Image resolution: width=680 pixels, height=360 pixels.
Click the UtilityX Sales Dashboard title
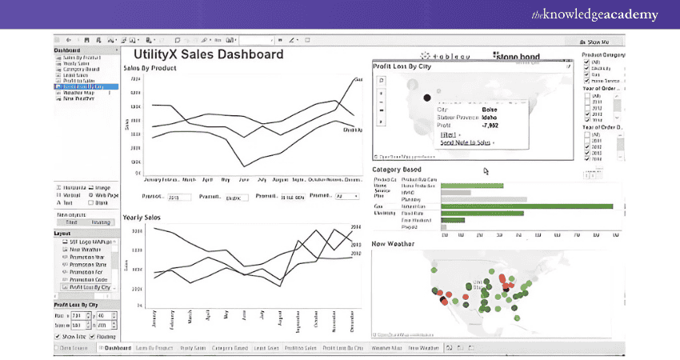pos(203,54)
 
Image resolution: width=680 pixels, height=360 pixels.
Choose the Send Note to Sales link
pos(465,142)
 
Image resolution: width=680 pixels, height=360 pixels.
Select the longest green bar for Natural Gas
pos(526,206)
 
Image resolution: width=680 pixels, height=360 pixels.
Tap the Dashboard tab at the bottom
pos(116,348)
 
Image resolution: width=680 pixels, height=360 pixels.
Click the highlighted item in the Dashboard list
pos(78,86)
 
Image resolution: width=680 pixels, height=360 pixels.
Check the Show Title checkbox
pos(58,337)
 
